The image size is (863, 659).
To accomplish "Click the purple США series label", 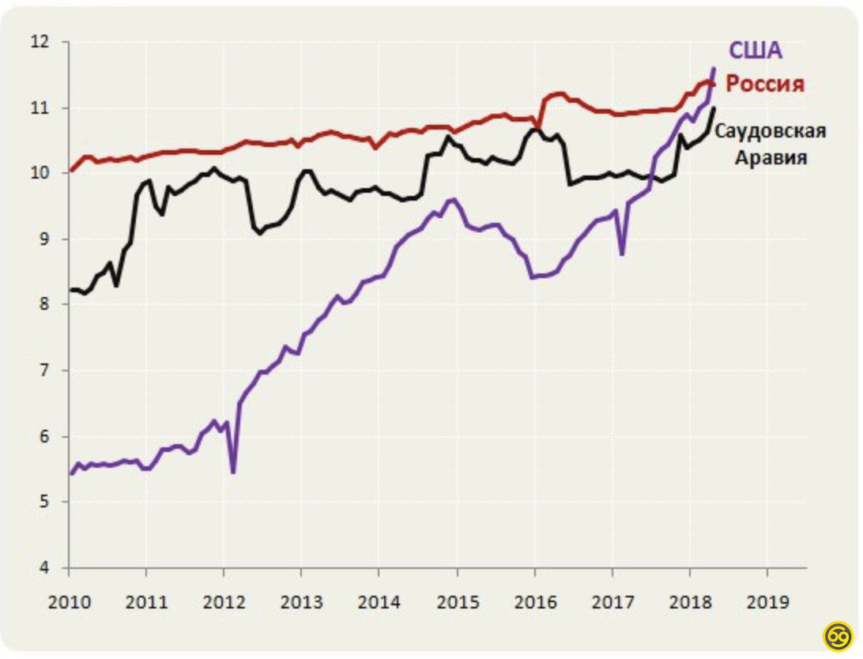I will tap(755, 51).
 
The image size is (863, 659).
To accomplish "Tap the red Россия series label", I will tap(765, 84).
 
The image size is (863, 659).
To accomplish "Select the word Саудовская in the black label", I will tap(771, 130).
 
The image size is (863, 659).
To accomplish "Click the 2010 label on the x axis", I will tap(70, 601).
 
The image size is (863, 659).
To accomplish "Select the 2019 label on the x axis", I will tap(767, 601).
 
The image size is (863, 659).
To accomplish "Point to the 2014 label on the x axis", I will tap(379, 601).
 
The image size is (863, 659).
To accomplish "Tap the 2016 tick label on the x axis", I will tap(534, 601).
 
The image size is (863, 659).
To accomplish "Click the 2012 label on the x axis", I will tap(224, 601).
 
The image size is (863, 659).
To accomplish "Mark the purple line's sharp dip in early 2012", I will tap(233, 473).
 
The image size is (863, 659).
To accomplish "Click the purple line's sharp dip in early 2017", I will tap(622, 254).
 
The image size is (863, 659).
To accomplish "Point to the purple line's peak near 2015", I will tap(453, 199).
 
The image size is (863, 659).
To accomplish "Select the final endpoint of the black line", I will tap(714, 107).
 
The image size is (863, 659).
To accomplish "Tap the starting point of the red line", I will tap(71, 170).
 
